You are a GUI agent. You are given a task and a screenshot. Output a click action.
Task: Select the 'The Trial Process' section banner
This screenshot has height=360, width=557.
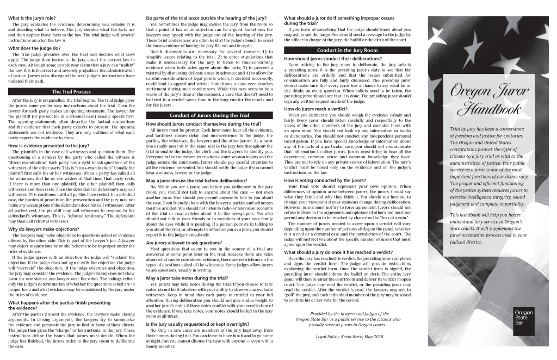coord(71,91)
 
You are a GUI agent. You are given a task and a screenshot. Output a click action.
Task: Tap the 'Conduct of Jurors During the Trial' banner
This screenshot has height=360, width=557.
coord(209,115)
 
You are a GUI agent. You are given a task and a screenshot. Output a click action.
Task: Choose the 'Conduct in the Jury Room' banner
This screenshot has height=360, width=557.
coord(346,50)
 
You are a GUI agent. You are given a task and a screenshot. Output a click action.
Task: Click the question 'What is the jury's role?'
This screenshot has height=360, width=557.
coord(33,18)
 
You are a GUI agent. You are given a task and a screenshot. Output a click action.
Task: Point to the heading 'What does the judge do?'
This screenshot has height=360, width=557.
coord(35,48)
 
